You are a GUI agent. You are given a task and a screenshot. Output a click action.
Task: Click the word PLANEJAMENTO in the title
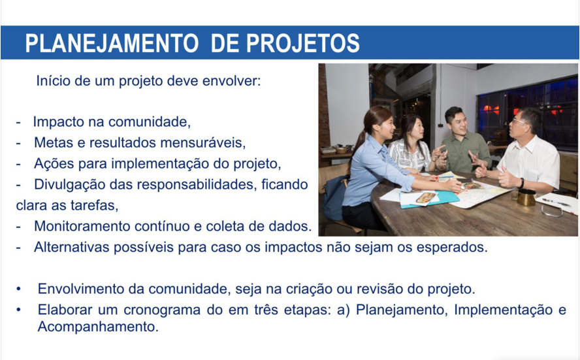[112, 43]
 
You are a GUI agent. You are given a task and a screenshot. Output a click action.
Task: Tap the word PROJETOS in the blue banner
[302, 43]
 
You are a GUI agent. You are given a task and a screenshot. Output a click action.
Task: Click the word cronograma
[162, 310]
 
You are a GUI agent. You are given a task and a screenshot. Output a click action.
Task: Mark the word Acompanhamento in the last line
[98, 327]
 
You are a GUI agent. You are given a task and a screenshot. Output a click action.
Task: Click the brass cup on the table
[526, 197]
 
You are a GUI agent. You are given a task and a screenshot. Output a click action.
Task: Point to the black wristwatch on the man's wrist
[521, 183]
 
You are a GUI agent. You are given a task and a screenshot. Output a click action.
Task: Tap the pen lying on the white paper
[556, 202]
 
